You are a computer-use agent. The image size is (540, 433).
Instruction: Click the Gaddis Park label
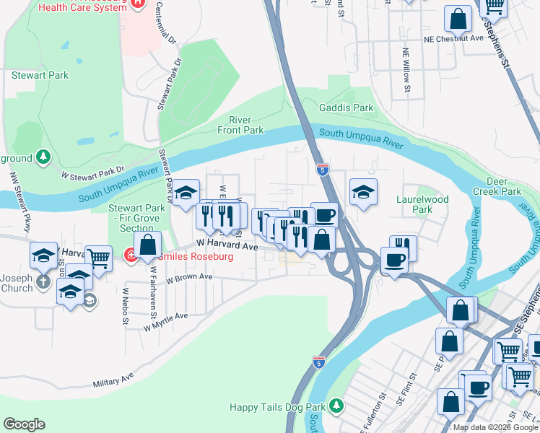tap(347, 108)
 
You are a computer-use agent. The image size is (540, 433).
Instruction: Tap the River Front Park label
tap(240, 125)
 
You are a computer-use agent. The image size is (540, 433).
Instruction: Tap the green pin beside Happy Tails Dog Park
tap(335, 406)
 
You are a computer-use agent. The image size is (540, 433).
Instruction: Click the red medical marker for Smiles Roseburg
tap(131, 255)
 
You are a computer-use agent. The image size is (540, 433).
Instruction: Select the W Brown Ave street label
tap(189, 277)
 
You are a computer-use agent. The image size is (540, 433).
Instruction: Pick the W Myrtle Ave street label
tap(165, 321)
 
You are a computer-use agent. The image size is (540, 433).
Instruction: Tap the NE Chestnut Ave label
tap(453, 39)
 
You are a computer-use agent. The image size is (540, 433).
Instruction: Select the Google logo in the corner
tap(24, 424)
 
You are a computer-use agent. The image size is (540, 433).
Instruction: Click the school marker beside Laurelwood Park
tap(363, 191)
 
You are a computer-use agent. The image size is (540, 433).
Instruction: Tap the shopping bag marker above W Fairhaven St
tap(148, 245)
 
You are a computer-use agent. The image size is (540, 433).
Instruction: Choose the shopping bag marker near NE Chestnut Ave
tap(458, 18)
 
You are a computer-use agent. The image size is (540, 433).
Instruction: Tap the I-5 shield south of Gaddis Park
tap(323, 170)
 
